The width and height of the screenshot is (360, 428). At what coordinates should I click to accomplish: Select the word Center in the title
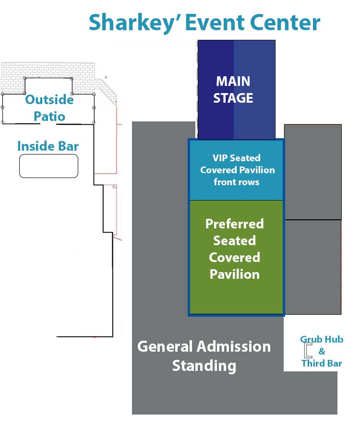tap(284, 23)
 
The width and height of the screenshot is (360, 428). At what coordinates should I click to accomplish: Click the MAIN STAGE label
tap(233, 90)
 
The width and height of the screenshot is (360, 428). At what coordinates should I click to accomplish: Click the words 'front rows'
tap(237, 182)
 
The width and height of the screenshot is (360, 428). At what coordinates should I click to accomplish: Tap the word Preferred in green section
tap(235, 224)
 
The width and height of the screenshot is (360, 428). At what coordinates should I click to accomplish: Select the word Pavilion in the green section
tap(235, 274)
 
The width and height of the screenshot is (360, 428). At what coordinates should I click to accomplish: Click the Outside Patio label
tap(49, 107)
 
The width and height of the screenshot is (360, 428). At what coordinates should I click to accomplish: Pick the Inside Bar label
tap(48, 146)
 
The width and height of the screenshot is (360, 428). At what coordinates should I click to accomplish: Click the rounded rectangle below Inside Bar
tap(48, 166)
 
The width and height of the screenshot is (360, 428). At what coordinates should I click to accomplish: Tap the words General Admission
tap(204, 346)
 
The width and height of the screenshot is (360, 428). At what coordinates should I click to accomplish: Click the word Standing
tap(204, 366)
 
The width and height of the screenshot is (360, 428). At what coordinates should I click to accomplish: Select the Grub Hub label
tap(322, 339)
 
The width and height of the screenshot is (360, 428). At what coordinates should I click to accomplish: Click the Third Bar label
tap(322, 363)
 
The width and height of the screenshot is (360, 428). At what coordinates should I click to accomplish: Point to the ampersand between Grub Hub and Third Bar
tap(322, 351)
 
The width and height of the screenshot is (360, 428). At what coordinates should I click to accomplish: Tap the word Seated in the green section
tap(235, 241)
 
